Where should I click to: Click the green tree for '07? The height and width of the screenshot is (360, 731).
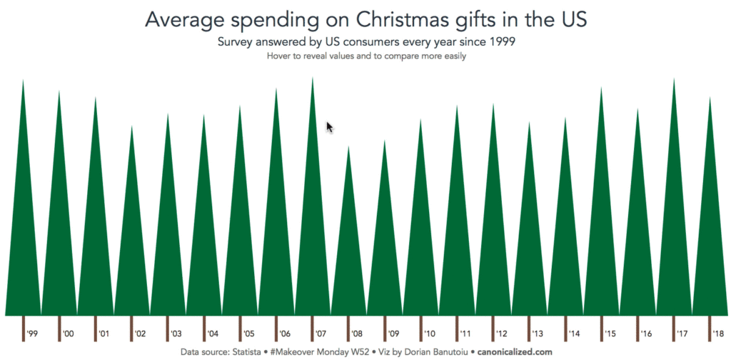(x=312, y=236)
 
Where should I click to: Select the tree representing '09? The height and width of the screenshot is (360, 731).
(x=384, y=250)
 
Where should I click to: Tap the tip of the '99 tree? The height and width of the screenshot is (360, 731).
(x=23, y=81)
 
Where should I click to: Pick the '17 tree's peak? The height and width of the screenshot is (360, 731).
(x=673, y=79)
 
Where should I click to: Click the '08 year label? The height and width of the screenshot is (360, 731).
(x=356, y=334)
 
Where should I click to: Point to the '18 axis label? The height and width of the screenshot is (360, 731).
(x=717, y=334)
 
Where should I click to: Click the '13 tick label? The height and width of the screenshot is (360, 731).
(x=537, y=334)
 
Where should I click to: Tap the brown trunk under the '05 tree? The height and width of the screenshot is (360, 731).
(x=240, y=327)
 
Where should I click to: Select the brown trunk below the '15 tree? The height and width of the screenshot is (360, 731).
(x=601, y=327)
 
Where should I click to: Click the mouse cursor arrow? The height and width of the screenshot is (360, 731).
(x=329, y=126)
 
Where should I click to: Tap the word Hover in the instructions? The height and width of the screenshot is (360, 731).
(x=279, y=56)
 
